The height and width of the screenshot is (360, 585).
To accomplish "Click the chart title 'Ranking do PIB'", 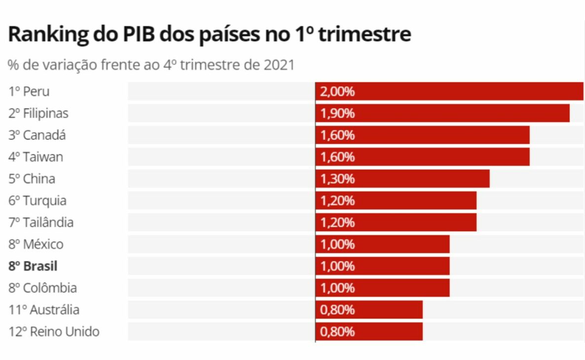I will pyautogui.click(x=210, y=35).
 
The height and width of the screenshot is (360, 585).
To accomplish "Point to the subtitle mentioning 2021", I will pyautogui.click(x=151, y=65).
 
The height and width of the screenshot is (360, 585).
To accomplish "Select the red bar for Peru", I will pyautogui.click(x=449, y=92).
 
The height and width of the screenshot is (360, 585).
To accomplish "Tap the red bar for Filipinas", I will pyautogui.click(x=442, y=113).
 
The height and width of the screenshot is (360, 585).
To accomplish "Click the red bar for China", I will pyautogui.click(x=402, y=179).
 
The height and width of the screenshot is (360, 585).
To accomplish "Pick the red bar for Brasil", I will pyautogui.click(x=382, y=266).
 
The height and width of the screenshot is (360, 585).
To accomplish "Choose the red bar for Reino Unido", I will pyautogui.click(x=368, y=331).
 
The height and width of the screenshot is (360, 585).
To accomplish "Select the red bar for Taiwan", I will pyautogui.click(x=422, y=157).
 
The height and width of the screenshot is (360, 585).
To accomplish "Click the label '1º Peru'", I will pyautogui.click(x=29, y=92).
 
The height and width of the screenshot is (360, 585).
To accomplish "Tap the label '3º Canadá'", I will pyautogui.click(x=37, y=135).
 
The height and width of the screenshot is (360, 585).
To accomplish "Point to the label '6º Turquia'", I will pyautogui.click(x=37, y=201).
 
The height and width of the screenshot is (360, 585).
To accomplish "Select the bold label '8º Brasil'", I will pyautogui.click(x=33, y=266).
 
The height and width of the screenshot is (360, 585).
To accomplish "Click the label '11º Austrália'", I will pyautogui.click(x=44, y=310).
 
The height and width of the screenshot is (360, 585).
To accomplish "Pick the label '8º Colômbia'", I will pyautogui.click(x=42, y=288).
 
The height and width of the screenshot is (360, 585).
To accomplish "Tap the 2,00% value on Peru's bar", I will pyautogui.click(x=337, y=92).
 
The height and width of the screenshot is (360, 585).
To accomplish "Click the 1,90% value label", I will pyautogui.click(x=337, y=113).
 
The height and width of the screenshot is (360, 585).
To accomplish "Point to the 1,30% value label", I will pyautogui.click(x=337, y=179).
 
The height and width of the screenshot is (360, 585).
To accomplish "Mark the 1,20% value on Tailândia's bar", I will pyautogui.click(x=337, y=222).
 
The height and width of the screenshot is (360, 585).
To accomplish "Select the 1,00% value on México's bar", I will pyautogui.click(x=337, y=244).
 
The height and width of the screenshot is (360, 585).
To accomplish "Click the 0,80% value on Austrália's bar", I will pyautogui.click(x=337, y=310).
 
